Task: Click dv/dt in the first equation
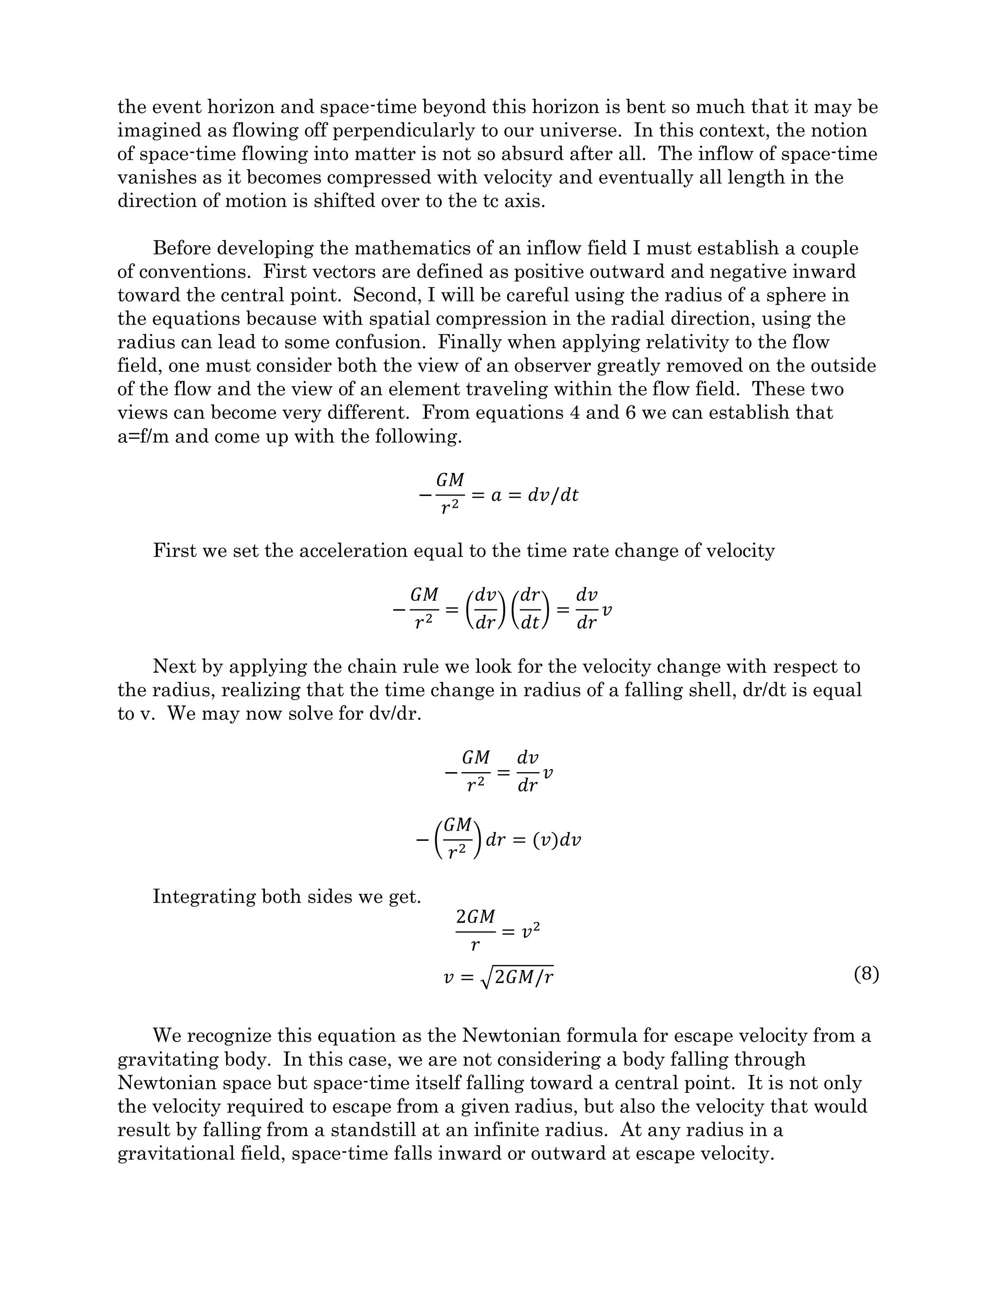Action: (553, 495)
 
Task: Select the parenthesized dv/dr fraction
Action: (485, 609)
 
